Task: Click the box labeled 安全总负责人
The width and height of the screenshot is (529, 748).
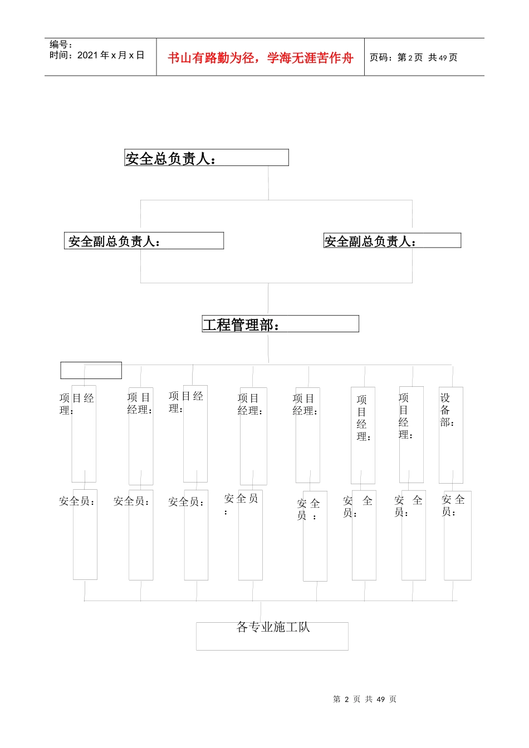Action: click(x=206, y=158)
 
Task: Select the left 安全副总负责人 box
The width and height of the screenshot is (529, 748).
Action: click(x=144, y=241)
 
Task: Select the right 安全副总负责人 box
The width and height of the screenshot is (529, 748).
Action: click(x=392, y=241)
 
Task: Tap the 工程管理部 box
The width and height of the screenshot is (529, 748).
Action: click(x=280, y=324)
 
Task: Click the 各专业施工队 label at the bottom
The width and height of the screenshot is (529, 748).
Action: click(x=273, y=627)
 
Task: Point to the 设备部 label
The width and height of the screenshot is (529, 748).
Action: click(x=447, y=410)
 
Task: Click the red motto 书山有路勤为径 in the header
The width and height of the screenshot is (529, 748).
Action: click(x=261, y=58)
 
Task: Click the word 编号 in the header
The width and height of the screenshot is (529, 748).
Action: click(x=59, y=45)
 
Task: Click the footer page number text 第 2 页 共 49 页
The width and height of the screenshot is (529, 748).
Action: click(x=365, y=700)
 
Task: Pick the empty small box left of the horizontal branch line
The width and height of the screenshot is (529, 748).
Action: click(x=91, y=371)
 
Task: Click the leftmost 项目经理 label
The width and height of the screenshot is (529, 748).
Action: click(x=76, y=404)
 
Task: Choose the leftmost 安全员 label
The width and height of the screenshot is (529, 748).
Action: click(x=77, y=501)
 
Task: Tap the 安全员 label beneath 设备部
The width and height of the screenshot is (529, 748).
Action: click(x=453, y=505)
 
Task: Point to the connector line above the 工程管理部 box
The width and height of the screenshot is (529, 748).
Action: click(x=268, y=299)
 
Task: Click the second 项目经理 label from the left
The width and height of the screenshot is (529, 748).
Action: click(x=139, y=403)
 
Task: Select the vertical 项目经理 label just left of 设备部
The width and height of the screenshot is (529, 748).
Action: click(x=405, y=416)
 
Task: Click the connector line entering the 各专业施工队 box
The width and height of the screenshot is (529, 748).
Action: click(x=261, y=612)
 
